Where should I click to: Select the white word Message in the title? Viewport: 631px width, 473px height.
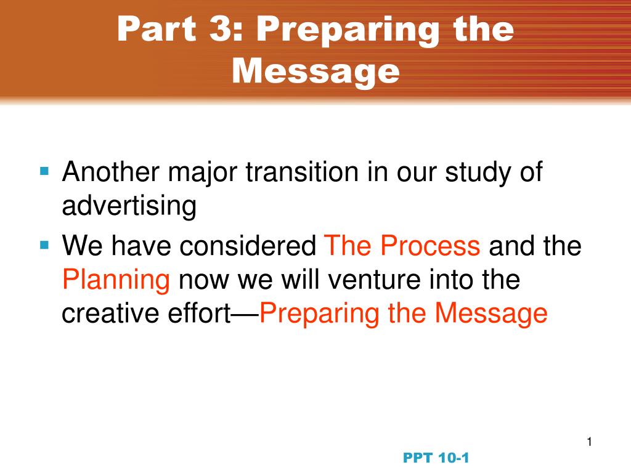[x=316, y=71]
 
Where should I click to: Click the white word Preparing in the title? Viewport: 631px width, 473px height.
[x=348, y=31]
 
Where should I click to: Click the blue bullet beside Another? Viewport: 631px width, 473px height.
[x=44, y=172]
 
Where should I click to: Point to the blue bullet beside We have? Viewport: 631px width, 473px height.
[x=44, y=245]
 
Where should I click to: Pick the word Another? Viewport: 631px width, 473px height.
[x=111, y=172]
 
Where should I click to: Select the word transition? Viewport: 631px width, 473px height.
[x=302, y=172]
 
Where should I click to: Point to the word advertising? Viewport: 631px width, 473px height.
[x=129, y=207]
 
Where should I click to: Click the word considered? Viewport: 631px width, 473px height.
[x=248, y=245]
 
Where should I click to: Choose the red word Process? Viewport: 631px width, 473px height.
[x=430, y=245]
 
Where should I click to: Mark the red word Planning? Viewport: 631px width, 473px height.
[x=116, y=281]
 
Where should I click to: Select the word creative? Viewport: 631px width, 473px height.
[x=110, y=313]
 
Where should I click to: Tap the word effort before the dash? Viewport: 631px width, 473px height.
[x=199, y=313]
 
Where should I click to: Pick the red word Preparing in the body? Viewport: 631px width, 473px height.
[x=319, y=315]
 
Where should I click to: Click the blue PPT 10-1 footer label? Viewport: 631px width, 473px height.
[x=436, y=458]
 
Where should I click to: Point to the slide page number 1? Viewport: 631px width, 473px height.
[x=590, y=442]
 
